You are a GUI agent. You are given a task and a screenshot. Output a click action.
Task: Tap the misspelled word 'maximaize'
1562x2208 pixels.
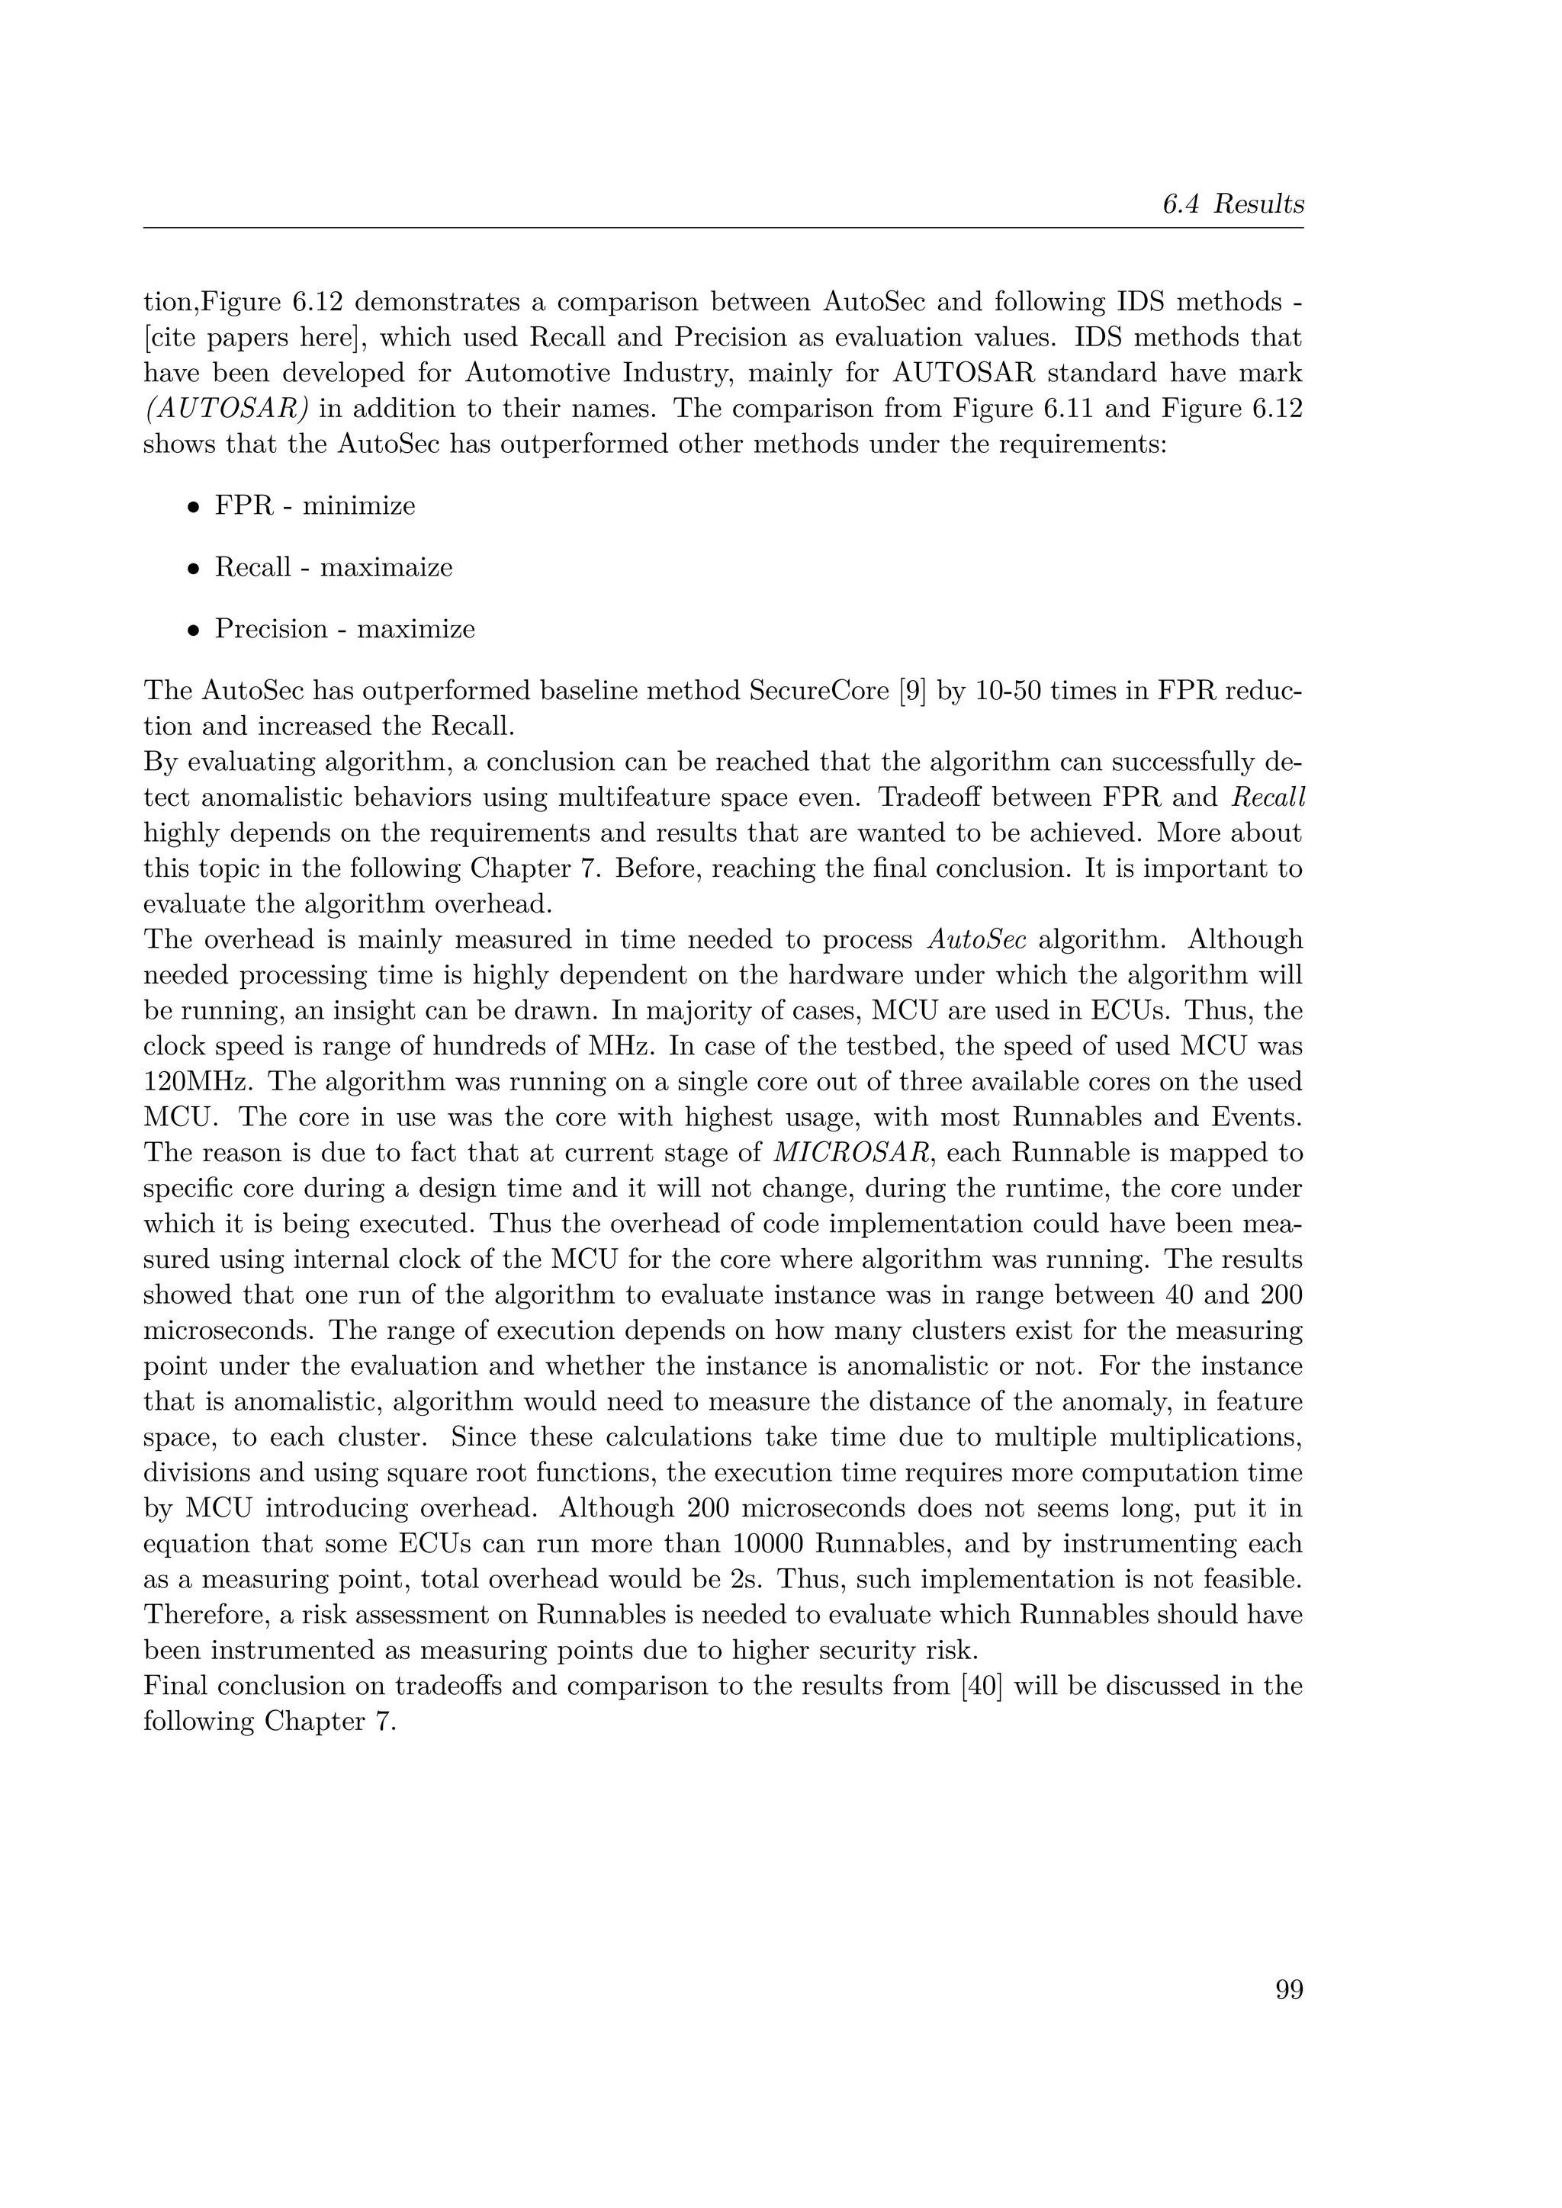coord(386,567)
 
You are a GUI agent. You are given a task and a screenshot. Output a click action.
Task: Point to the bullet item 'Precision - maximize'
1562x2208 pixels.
coord(344,629)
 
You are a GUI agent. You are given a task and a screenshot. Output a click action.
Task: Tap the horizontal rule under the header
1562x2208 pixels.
coord(723,229)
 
